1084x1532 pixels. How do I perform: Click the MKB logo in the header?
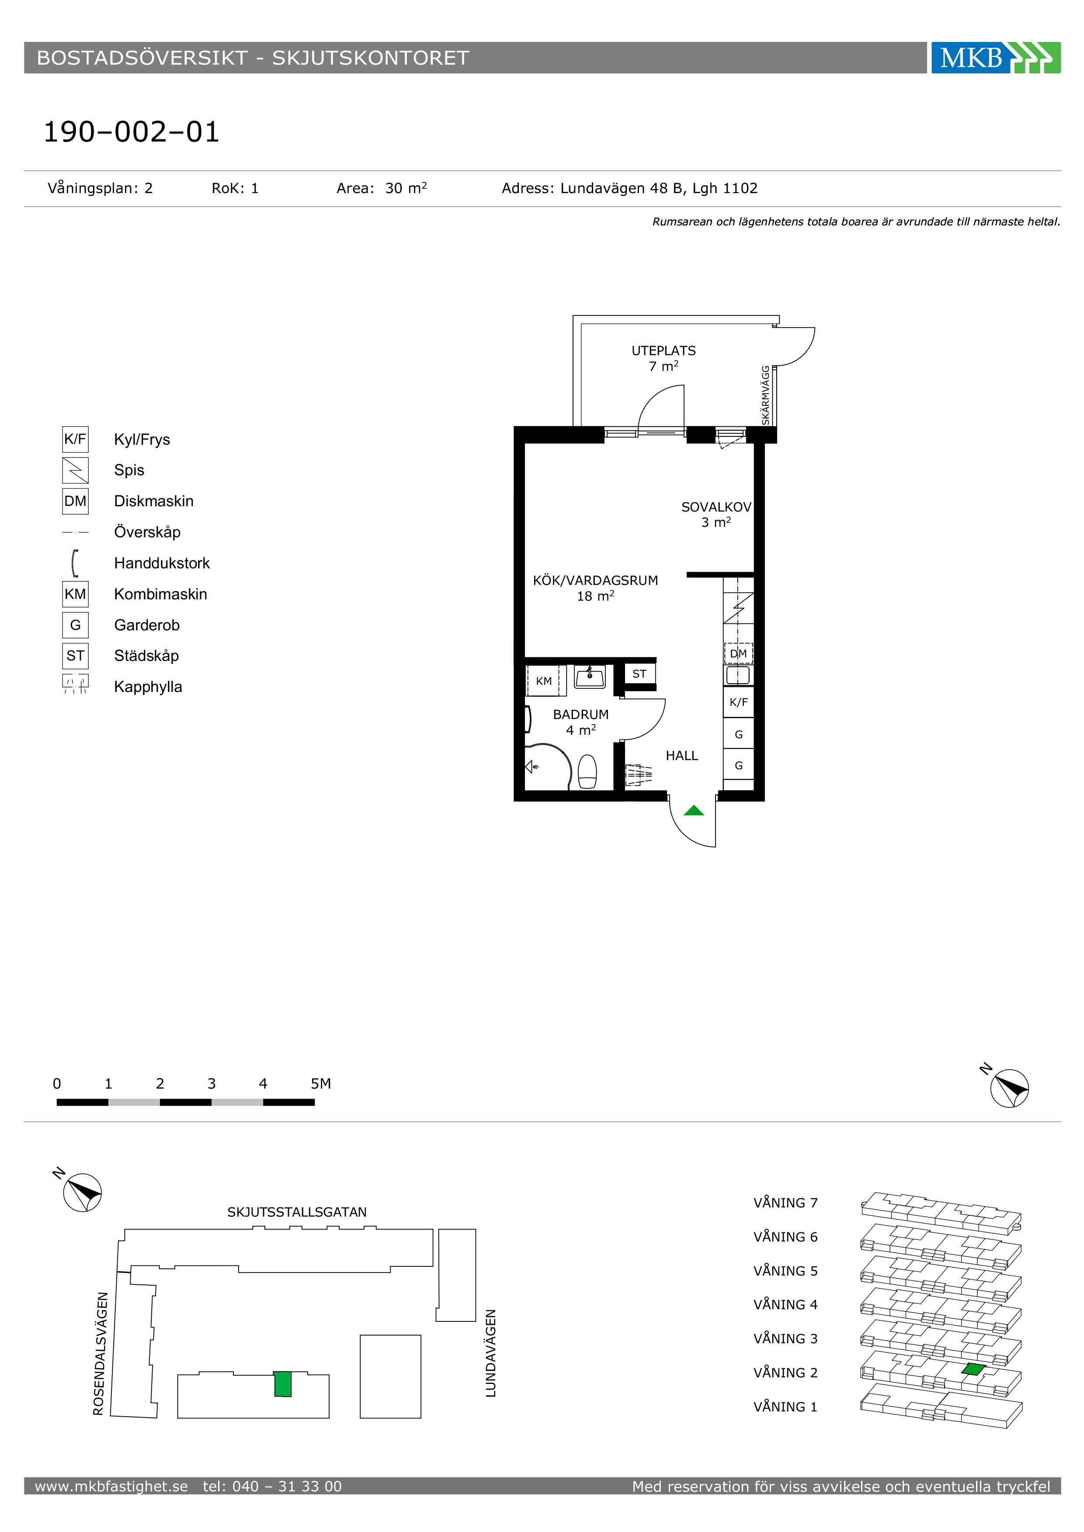pyautogui.click(x=995, y=57)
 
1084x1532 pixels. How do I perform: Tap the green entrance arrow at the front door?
pyautogui.click(x=694, y=811)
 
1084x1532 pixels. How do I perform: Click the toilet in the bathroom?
pyautogui.click(x=587, y=771)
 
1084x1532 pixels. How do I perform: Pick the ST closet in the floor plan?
pyautogui.click(x=639, y=674)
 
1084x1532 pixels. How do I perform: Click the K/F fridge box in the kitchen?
pyautogui.click(x=738, y=702)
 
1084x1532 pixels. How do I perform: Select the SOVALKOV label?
pyautogui.click(x=716, y=507)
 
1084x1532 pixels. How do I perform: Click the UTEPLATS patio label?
pyautogui.click(x=664, y=351)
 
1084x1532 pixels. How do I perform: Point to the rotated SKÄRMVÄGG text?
pyautogui.click(x=766, y=395)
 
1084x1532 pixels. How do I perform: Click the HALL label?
pyautogui.click(x=681, y=756)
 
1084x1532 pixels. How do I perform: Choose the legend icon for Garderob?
pyautogui.click(x=76, y=625)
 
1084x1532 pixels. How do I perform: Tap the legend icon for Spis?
pyautogui.click(x=76, y=470)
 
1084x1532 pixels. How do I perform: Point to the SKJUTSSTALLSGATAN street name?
pyautogui.click(x=297, y=1212)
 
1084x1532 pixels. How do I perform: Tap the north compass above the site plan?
pyautogui.click(x=82, y=1193)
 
